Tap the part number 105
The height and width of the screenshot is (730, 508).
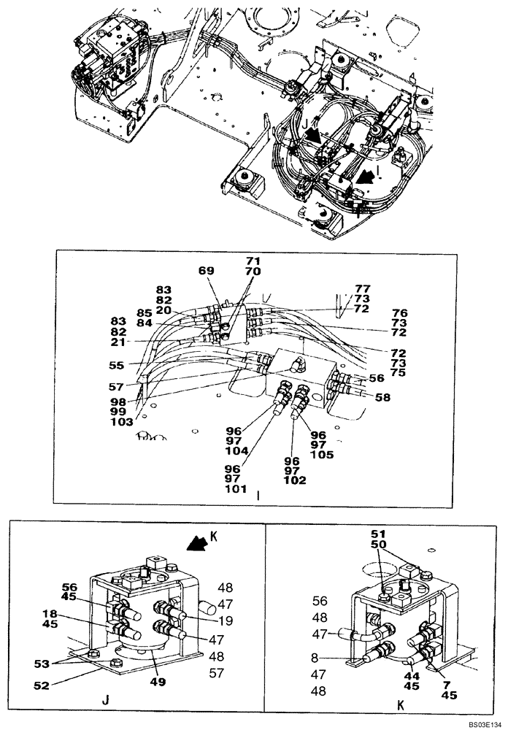pos(322,455)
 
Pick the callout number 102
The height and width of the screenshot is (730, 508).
pos(296,480)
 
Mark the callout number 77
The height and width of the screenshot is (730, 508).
pos(363,288)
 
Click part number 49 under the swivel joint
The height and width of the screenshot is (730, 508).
pos(158,682)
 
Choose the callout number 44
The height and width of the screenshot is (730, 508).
pos(411,676)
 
